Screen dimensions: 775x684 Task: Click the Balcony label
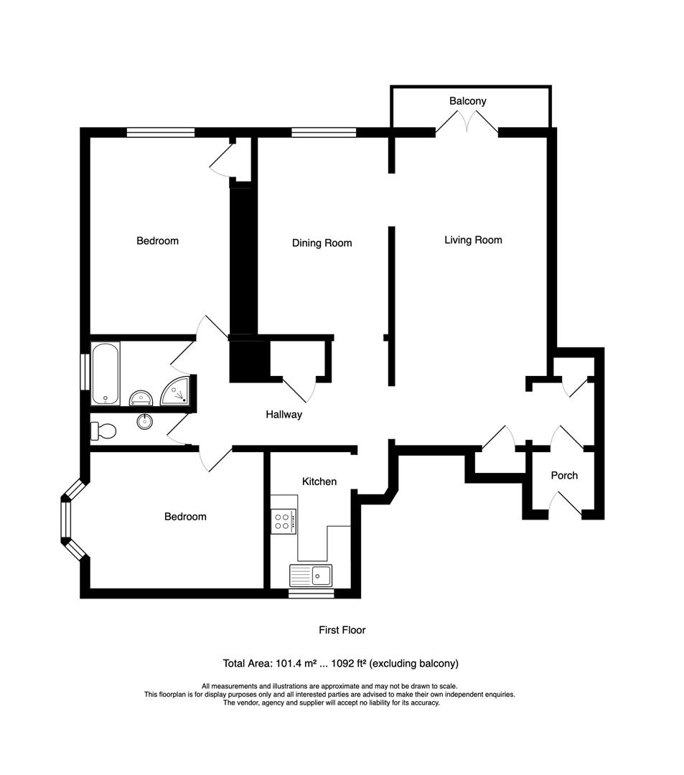[x=467, y=101]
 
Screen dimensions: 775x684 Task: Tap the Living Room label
[x=473, y=240]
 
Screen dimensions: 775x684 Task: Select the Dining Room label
[x=322, y=243]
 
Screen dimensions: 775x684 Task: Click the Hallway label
[x=284, y=414]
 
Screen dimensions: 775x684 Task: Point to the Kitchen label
[x=319, y=482]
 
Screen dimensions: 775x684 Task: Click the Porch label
[x=563, y=475]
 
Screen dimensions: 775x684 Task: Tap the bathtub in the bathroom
[x=106, y=373]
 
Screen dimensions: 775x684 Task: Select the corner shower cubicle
[x=177, y=391]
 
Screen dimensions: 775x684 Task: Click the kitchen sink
[x=311, y=575]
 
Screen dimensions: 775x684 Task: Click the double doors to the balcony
[x=467, y=124]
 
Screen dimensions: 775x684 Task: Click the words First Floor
[x=342, y=630]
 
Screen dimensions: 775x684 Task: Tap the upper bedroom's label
[x=157, y=240]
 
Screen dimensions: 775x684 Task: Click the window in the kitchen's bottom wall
[x=311, y=593]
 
